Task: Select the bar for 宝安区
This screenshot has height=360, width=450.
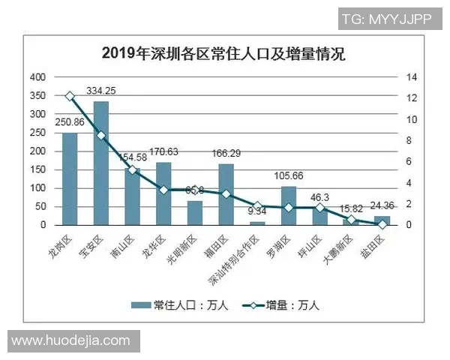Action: click(x=100, y=163)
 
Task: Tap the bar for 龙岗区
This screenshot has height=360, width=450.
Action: click(x=70, y=178)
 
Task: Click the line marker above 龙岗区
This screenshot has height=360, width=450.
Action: click(x=70, y=96)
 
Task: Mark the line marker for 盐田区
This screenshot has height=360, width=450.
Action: click(x=382, y=223)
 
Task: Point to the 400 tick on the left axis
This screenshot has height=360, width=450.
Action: click(x=37, y=77)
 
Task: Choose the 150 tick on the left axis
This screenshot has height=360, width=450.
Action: click(x=37, y=169)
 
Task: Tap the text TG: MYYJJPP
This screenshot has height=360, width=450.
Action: click(x=386, y=19)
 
